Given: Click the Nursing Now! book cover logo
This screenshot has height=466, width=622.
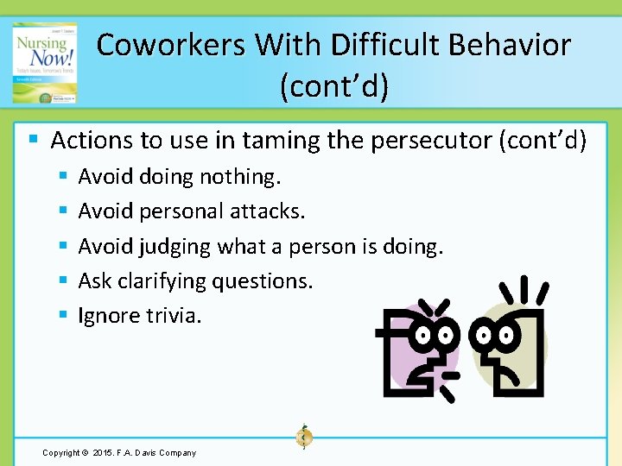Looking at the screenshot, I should coord(44,62).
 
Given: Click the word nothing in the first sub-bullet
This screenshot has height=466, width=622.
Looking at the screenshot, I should coord(240,177).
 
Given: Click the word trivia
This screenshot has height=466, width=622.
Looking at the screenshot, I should coord(174,316).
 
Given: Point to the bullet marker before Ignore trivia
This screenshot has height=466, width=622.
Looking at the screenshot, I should coord(63,315).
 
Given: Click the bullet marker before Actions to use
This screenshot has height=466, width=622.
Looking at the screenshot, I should coord(33,140).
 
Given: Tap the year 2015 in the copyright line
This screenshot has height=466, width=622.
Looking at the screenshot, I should coord(104,452).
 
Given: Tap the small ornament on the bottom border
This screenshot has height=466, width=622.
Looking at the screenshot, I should coord(304,437).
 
